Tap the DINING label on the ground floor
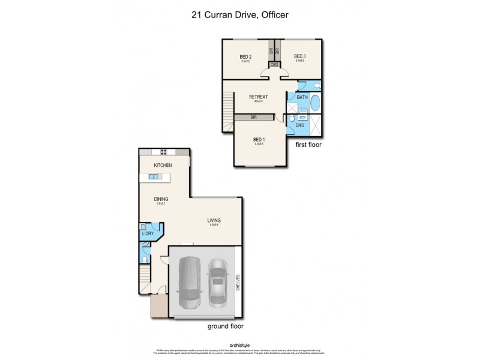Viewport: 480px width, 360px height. pos(160,199)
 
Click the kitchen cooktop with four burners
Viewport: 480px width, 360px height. pos(163,151)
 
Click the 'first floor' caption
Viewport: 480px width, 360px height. pos(310,145)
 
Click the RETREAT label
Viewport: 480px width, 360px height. pos(259,97)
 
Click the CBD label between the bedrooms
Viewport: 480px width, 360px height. pos(274,64)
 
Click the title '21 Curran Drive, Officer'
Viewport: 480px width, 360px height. pos(239,16)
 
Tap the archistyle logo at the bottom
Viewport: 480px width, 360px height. pos(239,345)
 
